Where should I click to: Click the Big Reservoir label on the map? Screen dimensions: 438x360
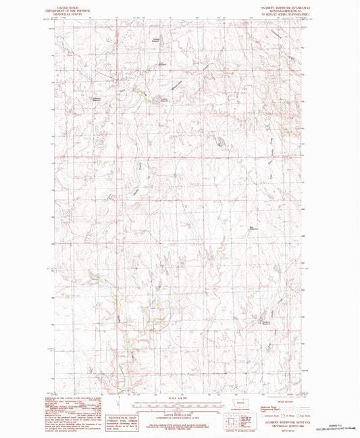pyautogui.click(x=254, y=228)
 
